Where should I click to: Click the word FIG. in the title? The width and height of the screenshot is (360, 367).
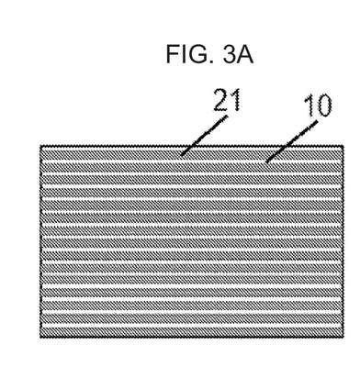pyautogui.click(x=190, y=54)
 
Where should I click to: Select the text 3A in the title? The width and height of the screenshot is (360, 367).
pyautogui.click(x=238, y=54)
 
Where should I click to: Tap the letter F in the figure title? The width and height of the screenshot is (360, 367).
pyautogui.click(x=172, y=54)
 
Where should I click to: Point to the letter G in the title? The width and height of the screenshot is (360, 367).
pyautogui.click(x=197, y=54)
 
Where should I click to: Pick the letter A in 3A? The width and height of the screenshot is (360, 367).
pyautogui.click(x=245, y=55)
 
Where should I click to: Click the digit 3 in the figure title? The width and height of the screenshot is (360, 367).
pyautogui.click(x=230, y=54)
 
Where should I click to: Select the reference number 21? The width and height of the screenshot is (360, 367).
pyautogui.click(x=227, y=100)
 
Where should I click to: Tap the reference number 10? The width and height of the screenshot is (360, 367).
pyautogui.click(x=319, y=106)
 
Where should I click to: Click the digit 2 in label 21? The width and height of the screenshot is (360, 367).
pyautogui.click(x=221, y=100)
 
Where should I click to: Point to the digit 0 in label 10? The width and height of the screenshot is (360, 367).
pyautogui.click(x=324, y=106)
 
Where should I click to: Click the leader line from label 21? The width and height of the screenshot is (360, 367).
pyautogui.click(x=204, y=136)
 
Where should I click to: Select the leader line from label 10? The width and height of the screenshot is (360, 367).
pyautogui.click(x=292, y=141)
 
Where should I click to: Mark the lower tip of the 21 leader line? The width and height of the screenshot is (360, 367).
pyautogui.click(x=182, y=155)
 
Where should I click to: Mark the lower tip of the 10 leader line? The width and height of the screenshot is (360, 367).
pyautogui.click(x=267, y=161)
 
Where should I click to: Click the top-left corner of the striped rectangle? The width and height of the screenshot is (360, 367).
pyautogui.click(x=40, y=146)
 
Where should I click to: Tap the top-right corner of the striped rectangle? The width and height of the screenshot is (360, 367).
pyautogui.click(x=343, y=146)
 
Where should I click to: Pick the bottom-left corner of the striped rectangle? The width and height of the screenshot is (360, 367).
pyautogui.click(x=40, y=338)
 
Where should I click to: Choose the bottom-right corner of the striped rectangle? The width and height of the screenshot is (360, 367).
pyautogui.click(x=343, y=338)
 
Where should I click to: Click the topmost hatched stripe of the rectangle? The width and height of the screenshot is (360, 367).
pyautogui.click(x=192, y=152)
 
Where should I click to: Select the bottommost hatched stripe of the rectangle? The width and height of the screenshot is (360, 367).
pyautogui.click(x=192, y=331)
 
